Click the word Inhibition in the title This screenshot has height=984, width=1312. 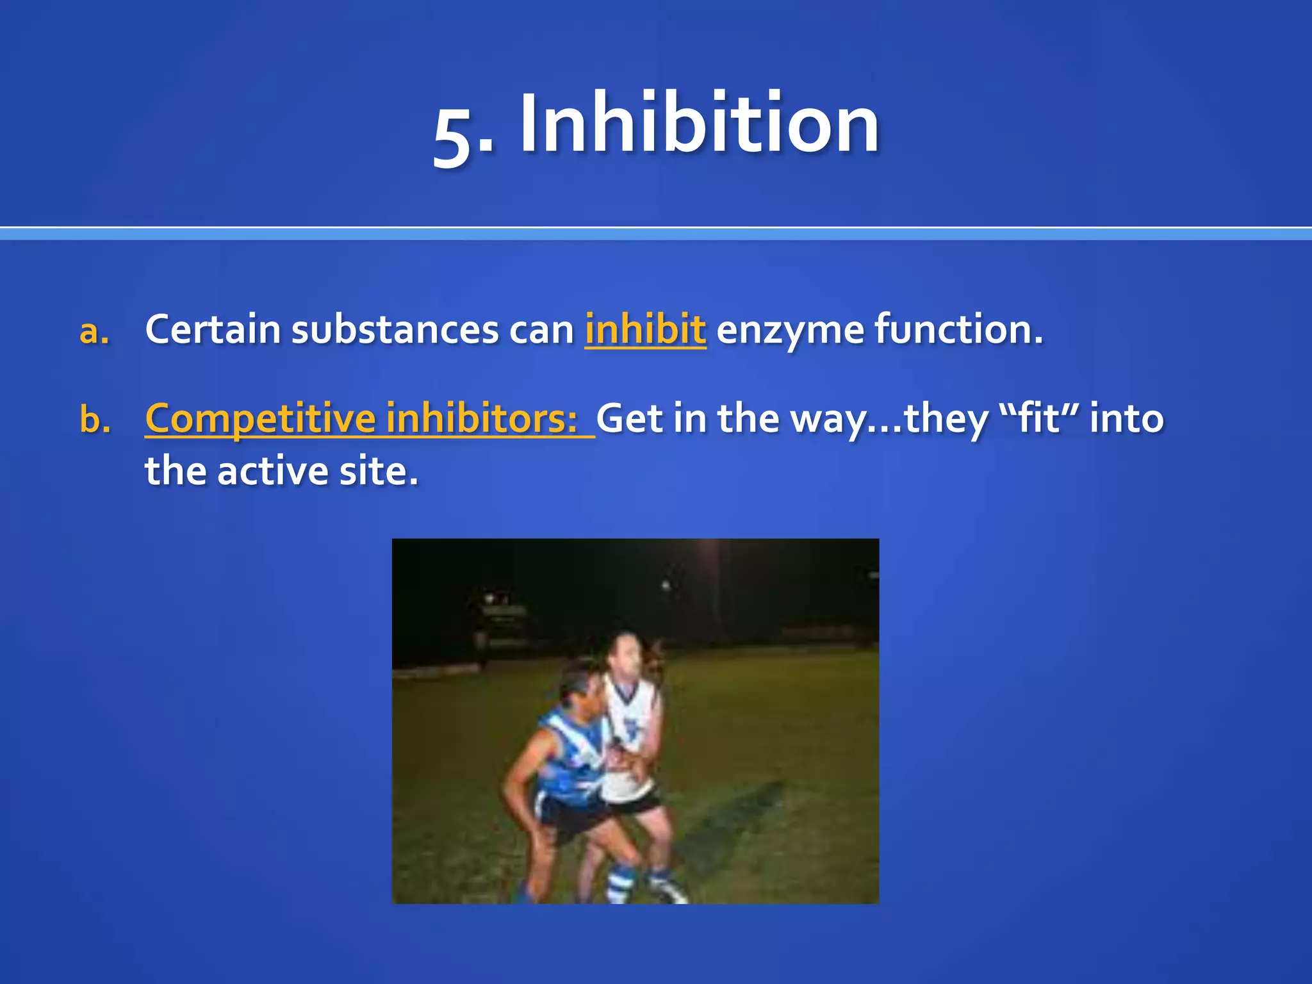(700, 124)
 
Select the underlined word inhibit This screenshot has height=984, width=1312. (645, 330)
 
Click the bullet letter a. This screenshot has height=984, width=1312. (94, 331)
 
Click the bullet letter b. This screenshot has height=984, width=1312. (95, 420)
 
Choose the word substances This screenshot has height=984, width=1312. (395, 330)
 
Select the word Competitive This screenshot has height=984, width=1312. (259, 420)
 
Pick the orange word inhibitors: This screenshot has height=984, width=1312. (482, 418)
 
